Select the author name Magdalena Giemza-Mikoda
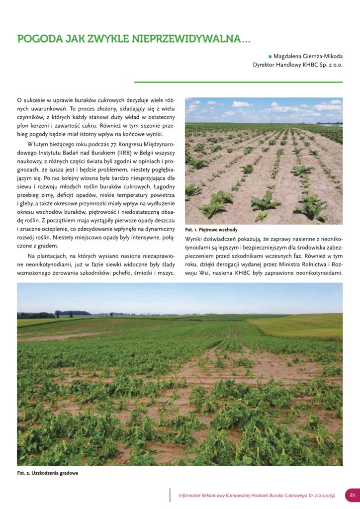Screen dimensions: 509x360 (x=308, y=57)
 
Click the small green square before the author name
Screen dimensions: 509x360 (x=270, y=57)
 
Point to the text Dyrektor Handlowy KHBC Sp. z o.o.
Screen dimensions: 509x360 (x=298, y=65)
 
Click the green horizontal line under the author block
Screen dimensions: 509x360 (x=239, y=82)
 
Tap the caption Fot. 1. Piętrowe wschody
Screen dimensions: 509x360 (x=211, y=230)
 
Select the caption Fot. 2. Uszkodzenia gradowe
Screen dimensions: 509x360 (x=48, y=473)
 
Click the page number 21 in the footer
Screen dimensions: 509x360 (x=352, y=495)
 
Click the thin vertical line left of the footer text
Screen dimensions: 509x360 (x=170, y=495)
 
